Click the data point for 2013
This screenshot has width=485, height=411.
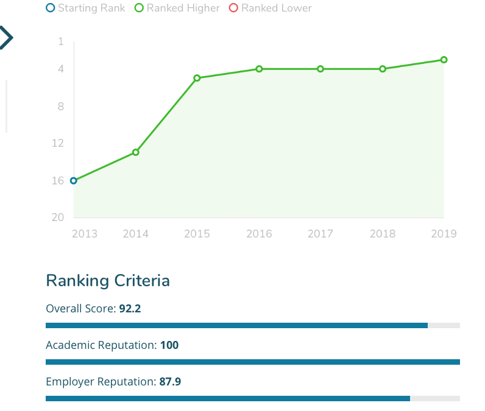coord(74,181)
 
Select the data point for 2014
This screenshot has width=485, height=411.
coord(136,152)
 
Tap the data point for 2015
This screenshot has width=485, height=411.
coord(197,78)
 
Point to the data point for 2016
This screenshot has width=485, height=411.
coord(259,69)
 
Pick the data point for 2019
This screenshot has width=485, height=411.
coord(444,60)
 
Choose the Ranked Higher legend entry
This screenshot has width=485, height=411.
coord(177,8)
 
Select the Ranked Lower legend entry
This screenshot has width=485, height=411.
coord(271,8)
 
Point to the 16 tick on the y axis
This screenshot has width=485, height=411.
coord(58,181)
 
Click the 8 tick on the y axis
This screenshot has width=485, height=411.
coord(60,107)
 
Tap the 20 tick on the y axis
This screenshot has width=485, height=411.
coord(58,218)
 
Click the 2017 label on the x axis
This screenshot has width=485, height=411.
coord(320,234)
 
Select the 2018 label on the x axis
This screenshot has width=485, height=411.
coord(383,234)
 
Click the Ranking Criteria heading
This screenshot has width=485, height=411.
coord(108,281)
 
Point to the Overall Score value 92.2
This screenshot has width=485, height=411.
coord(130,309)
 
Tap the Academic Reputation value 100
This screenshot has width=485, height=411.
coord(169,345)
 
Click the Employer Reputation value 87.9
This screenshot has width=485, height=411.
coord(170,382)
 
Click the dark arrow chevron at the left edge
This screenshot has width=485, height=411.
coord(5,38)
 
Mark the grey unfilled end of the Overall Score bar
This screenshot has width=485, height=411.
coord(444,326)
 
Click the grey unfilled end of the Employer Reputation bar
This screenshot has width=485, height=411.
coord(435,399)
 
